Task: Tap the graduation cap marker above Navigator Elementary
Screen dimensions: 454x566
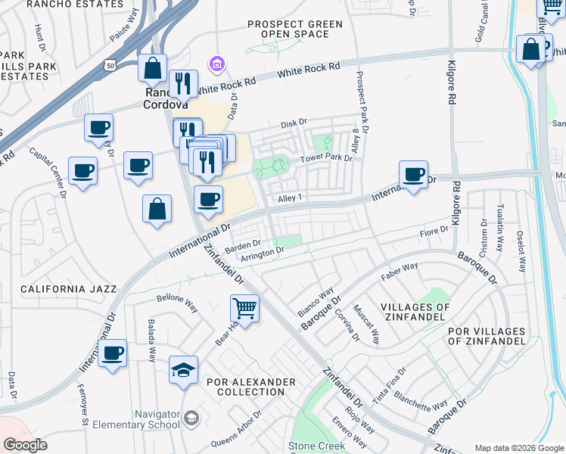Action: click(183, 370)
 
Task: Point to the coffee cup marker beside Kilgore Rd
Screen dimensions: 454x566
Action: click(413, 175)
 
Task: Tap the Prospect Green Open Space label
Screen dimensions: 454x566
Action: click(295, 29)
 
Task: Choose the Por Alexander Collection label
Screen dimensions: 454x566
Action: click(250, 387)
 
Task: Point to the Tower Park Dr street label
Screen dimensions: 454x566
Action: click(326, 158)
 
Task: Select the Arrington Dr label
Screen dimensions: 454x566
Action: click(262, 253)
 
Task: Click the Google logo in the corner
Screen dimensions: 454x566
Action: click(25, 445)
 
